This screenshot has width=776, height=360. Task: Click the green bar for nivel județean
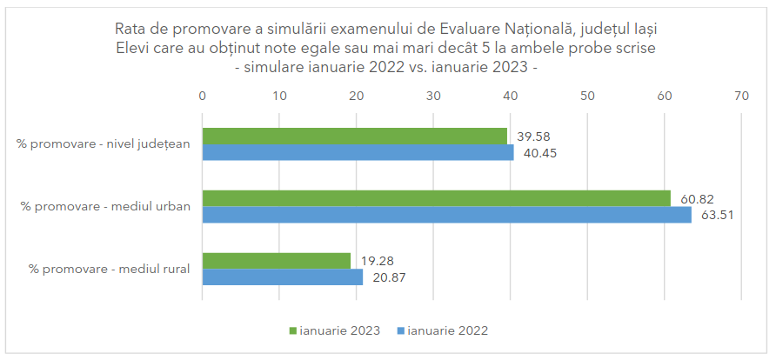(354, 136)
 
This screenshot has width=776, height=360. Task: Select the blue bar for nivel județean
(358, 152)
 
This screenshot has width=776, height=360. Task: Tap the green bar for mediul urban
(436, 198)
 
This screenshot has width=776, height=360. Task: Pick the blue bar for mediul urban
(446, 215)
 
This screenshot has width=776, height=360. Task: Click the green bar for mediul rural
(276, 261)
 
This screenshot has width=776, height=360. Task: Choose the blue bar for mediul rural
(282, 277)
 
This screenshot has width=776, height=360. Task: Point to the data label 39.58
(534, 137)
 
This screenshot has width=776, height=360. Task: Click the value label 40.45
(540, 153)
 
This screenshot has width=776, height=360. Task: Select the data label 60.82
(698, 199)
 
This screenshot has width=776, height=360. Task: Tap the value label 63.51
(718, 216)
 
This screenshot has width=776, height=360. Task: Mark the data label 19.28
(377, 262)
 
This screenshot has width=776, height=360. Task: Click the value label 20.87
(390, 278)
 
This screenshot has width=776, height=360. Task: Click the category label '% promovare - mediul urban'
(105, 207)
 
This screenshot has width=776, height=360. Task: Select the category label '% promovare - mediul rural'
(109, 270)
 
